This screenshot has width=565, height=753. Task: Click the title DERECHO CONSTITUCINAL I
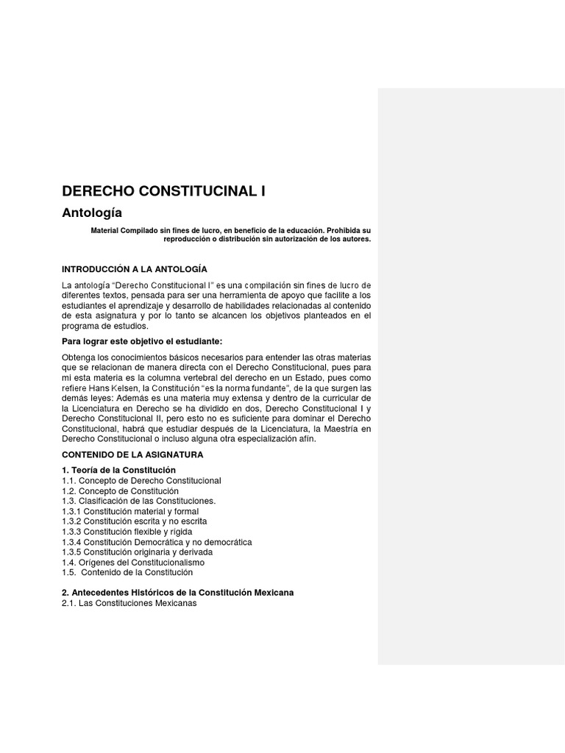tap(163, 191)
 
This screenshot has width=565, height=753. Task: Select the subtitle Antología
tap(93, 213)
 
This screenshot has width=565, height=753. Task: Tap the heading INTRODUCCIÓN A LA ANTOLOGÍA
tap(140, 269)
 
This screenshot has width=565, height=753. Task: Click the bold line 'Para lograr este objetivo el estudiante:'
tap(142, 341)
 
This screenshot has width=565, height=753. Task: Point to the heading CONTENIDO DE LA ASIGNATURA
tap(132, 454)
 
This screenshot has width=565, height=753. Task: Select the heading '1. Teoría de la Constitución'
tap(119, 470)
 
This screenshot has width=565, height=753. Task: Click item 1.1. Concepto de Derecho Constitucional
tap(142, 480)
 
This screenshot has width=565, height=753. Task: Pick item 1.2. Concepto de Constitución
tap(121, 490)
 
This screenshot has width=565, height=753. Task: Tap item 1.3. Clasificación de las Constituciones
tap(139, 501)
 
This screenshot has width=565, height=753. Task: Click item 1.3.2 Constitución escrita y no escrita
tap(134, 521)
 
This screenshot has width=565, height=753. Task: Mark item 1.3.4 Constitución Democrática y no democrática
tap(157, 542)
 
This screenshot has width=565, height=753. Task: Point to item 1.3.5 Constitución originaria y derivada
tap(138, 552)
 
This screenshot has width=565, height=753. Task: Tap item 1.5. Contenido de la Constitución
tap(127, 572)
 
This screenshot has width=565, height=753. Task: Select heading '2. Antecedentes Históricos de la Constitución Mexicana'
tap(178, 593)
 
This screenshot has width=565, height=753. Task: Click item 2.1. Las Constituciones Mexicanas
tap(129, 603)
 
